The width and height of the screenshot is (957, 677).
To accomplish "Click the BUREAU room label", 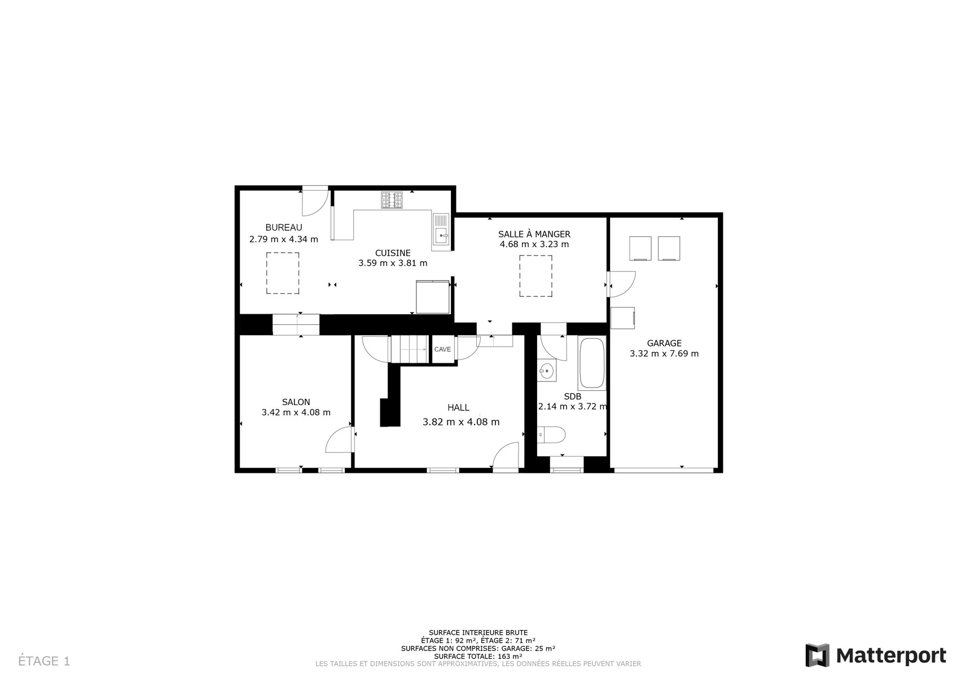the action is tap(284, 228).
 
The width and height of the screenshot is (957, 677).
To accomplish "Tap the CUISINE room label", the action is tap(393, 253).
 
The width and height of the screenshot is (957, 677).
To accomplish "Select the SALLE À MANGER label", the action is tap(534, 234).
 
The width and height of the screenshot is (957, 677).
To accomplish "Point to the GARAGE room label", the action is tap(664, 343).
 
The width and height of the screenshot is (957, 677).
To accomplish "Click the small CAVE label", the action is tap(442, 349).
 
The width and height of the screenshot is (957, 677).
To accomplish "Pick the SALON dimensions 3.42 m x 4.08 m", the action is tap(296, 412).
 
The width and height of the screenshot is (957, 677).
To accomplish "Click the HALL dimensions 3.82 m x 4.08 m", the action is tap(461, 422).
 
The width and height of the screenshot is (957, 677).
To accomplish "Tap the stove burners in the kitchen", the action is tap(392, 200).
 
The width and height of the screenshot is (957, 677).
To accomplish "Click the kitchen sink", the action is tap(441, 229).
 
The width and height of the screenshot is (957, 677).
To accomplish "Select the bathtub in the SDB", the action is tap(592, 363).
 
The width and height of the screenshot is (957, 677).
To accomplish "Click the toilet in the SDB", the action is tap(551, 435).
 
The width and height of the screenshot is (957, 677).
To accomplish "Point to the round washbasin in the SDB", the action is tap(546, 371).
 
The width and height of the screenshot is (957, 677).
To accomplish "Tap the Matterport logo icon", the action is tap(817, 655).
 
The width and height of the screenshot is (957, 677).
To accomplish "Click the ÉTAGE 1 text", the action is tap(44, 661).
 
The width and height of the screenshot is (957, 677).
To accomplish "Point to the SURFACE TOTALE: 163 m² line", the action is tap(478, 657).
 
